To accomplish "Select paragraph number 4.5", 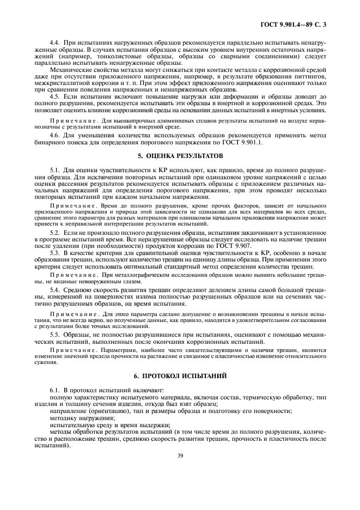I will point(54,96).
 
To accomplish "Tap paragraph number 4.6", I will point(54,134).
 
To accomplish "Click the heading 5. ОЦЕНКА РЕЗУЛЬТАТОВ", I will point(180,156).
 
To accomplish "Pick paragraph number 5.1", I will point(54,171).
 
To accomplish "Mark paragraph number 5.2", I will point(54,233).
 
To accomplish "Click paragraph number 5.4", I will point(54,289).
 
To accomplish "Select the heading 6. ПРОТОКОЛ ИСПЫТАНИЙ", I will point(180,376).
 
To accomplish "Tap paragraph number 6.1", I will point(54,391).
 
